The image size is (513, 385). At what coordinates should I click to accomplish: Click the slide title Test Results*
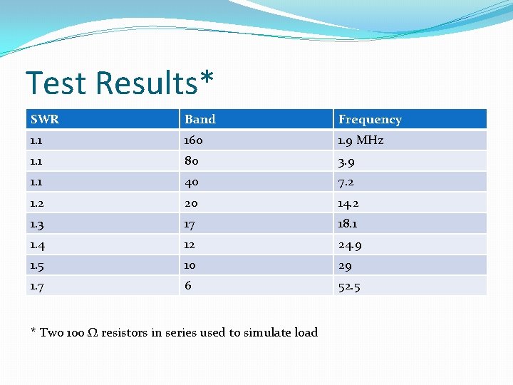pos(119,83)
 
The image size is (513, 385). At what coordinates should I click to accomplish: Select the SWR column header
pos(45,119)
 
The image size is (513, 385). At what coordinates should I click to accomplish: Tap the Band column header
pos(200,119)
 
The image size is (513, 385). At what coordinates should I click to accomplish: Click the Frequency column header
pos(370,120)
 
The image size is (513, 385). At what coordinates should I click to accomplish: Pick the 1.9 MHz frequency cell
pos(361,140)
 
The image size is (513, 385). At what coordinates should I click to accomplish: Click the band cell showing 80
pos(192,161)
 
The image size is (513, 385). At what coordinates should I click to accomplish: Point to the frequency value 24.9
pos(351,245)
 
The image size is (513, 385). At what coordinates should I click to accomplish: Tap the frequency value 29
pos(345,266)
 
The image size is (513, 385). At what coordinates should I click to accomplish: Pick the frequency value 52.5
pos(350,287)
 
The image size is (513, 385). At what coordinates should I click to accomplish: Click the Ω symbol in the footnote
pos(93,333)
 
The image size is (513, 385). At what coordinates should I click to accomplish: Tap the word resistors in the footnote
pos(125,333)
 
